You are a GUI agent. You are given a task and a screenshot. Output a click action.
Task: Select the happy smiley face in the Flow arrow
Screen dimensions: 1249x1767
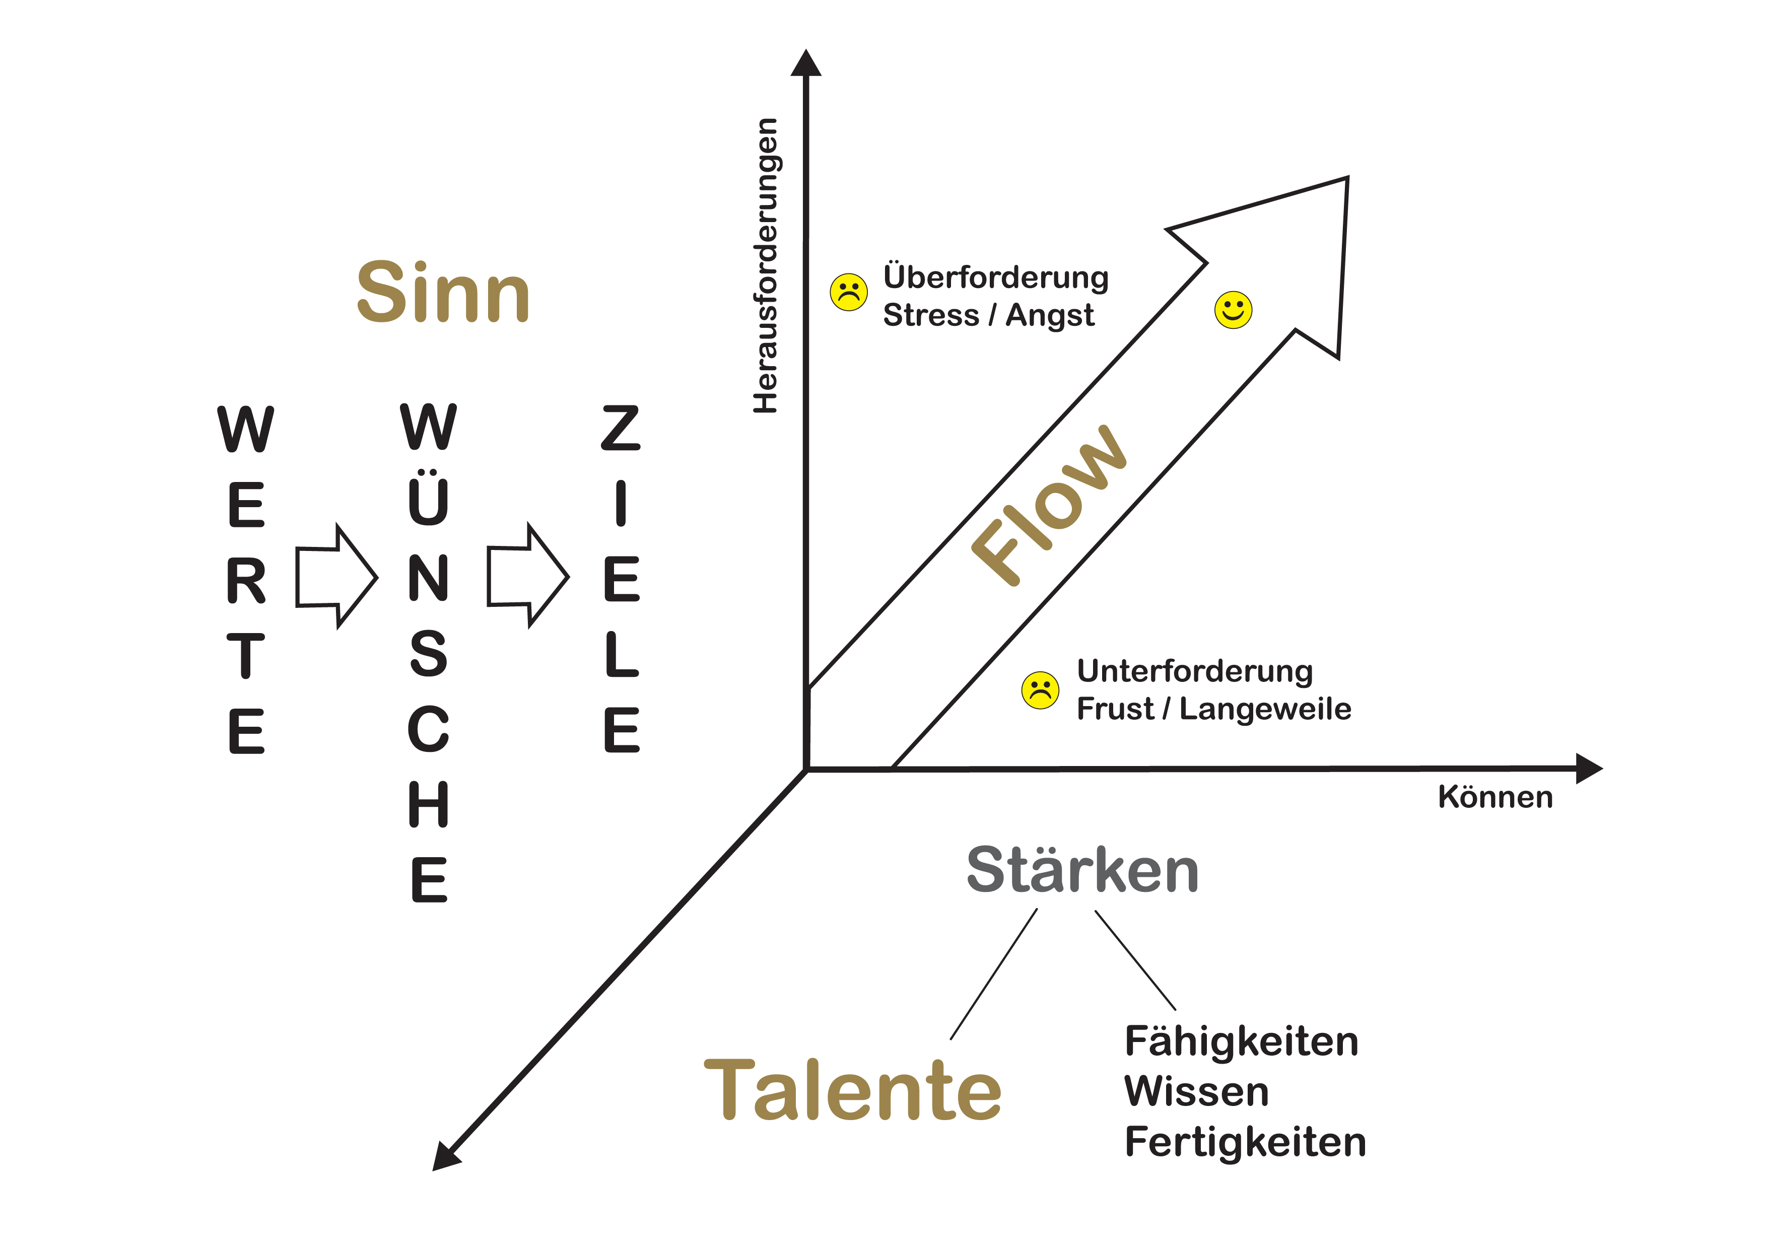(1233, 310)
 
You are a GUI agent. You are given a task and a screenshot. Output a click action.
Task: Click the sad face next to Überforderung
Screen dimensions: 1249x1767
(849, 293)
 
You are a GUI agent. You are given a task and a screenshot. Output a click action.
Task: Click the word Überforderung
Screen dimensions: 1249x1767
(995, 277)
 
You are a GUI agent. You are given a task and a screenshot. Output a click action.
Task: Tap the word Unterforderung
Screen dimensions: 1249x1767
(1194, 671)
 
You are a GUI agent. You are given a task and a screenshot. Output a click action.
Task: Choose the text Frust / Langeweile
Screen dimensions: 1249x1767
(1213, 709)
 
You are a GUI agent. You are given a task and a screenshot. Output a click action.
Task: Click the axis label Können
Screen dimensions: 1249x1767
(1494, 797)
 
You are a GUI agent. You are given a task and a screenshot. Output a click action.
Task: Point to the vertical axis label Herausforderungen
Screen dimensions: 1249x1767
(766, 265)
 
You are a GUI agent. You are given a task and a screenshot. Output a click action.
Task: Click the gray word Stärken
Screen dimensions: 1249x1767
(1082, 871)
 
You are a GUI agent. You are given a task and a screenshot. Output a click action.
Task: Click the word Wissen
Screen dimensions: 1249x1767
(1197, 1091)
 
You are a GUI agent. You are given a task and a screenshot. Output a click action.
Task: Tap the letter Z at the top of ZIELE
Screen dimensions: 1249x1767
(620, 428)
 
